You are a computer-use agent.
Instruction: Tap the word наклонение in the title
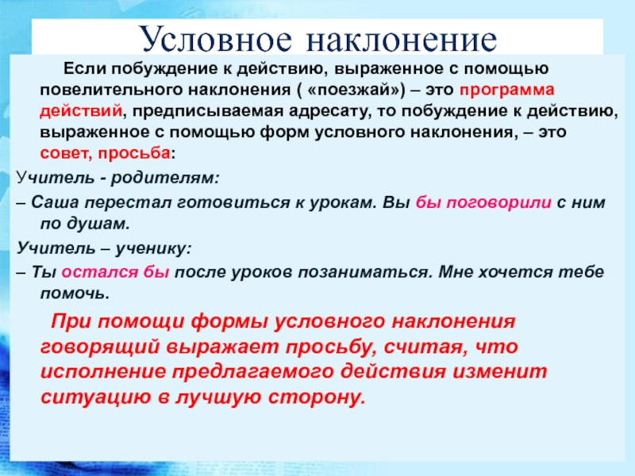click(402, 40)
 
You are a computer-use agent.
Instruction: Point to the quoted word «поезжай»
click(356, 90)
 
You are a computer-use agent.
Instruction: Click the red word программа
click(506, 90)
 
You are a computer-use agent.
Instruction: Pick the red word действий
click(81, 111)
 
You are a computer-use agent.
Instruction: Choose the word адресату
click(329, 111)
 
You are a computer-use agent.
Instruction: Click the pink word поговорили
click(498, 202)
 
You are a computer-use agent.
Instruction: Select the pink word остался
click(100, 272)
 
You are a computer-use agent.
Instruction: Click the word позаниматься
click(364, 272)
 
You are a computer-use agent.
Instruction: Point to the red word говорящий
click(100, 347)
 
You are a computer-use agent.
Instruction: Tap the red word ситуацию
click(96, 397)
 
